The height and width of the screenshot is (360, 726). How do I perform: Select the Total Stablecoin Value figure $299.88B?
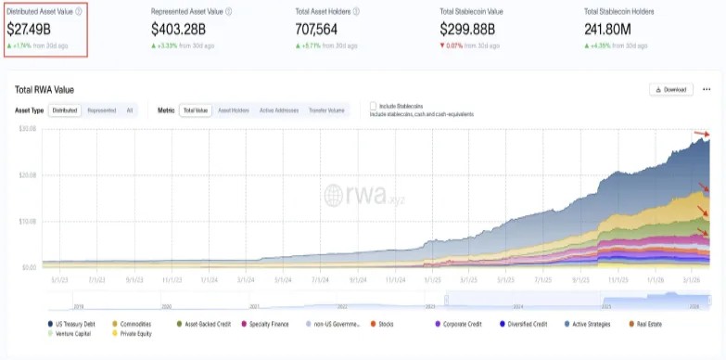(473, 29)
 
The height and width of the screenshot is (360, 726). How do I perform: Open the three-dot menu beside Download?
(706, 89)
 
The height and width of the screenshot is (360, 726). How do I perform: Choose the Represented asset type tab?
(101, 110)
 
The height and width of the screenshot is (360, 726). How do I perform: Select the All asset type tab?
(130, 110)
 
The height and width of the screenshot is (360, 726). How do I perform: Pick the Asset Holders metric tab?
(233, 110)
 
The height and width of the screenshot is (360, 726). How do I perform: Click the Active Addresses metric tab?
(279, 110)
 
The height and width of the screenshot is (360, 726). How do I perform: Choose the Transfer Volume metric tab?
(325, 110)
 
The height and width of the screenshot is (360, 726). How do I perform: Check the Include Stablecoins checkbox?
(374, 106)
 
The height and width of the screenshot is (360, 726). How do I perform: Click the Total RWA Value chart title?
(44, 90)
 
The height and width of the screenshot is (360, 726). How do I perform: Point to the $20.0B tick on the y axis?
(27, 174)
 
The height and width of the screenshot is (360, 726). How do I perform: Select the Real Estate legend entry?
(650, 324)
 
